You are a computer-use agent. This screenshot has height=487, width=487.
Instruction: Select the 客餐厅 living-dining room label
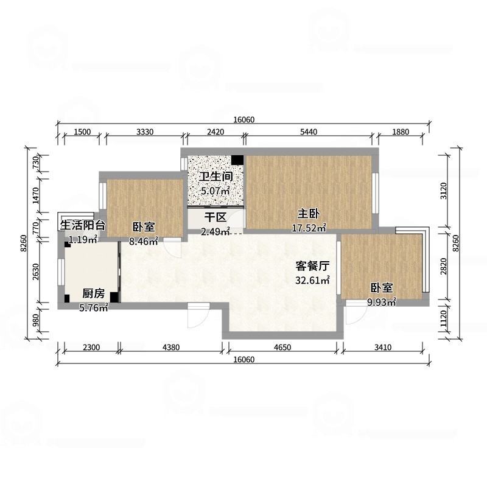click(x=312, y=266)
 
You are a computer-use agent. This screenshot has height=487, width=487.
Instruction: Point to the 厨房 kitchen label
click(x=93, y=294)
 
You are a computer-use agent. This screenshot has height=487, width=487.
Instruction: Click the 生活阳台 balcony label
click(x=82, y=225)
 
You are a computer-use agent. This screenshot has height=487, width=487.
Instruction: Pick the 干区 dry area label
click(x=215, y=217)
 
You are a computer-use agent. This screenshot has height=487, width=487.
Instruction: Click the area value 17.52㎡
click(x=309, y=228)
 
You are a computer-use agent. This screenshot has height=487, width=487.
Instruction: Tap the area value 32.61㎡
click(x=312, y=280)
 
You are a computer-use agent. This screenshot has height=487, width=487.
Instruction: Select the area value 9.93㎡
click(x=382, y=301)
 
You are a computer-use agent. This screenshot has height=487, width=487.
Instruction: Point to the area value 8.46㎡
click(x=144, y=241)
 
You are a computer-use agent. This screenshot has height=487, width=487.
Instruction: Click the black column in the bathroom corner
click(x=237, y=161)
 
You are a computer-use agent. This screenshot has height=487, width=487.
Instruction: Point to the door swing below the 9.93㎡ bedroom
click(x=353, y=316)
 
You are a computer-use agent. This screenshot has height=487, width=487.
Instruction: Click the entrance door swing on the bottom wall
click(x=197, y=315)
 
